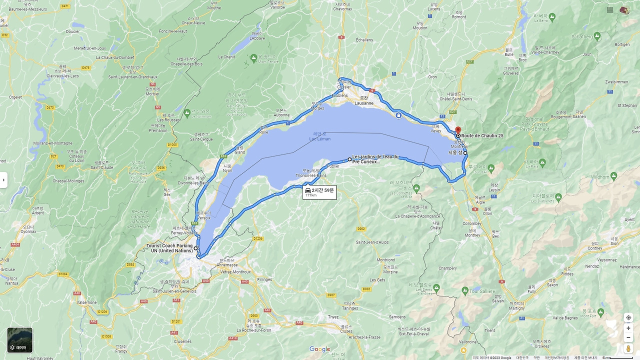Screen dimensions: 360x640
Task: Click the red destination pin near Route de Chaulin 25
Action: (458, 130)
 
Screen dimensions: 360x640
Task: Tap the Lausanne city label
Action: (363, 103)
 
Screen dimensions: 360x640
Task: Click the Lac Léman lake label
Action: (320, 138)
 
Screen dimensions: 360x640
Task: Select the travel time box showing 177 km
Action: (319, 192)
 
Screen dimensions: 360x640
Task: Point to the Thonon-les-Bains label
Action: (311, 175)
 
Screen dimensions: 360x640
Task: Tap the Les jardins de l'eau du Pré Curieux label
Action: (375, 159)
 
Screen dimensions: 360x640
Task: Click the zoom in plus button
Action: (628, 328)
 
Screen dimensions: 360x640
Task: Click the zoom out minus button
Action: (628, 337)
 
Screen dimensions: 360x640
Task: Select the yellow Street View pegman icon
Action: (628, 348)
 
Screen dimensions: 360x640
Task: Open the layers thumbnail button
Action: (20, 340)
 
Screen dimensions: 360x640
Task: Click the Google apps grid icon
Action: (610, 10)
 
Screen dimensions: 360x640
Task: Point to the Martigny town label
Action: (517, 308)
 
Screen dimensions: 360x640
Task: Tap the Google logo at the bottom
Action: (319, 349)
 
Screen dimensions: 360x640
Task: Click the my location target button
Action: (628, 317)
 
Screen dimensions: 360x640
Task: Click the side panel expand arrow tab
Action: (3, 179)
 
